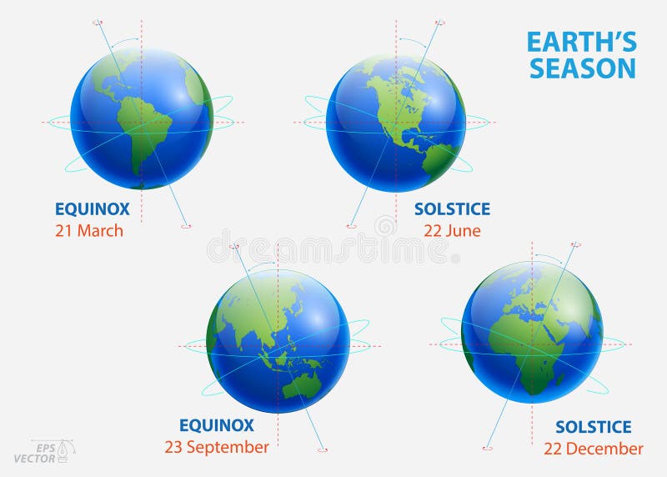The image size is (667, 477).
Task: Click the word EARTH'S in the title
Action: (x=581, y=43)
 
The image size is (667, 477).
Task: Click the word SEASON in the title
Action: (x=582, y=68)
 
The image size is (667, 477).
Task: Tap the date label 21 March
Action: (x=89, y=231)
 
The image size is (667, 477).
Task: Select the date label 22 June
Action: (x=452, y=231)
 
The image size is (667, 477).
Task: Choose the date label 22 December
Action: (x=593, y=449)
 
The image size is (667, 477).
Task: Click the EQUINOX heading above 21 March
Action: (x=93, y=209)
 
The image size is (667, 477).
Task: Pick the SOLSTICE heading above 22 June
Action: (x=452, y=209)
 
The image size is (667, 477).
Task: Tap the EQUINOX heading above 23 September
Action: (x=216, y=425)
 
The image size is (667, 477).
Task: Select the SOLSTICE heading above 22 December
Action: (x=593, y=427)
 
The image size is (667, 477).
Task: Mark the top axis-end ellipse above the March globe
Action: (x=98, y=23)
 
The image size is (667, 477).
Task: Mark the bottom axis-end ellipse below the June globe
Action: (x=352, y=225)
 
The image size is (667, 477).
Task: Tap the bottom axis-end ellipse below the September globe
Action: (x=323, y=450)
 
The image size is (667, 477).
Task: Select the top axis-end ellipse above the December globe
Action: (x=575, y=245)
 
